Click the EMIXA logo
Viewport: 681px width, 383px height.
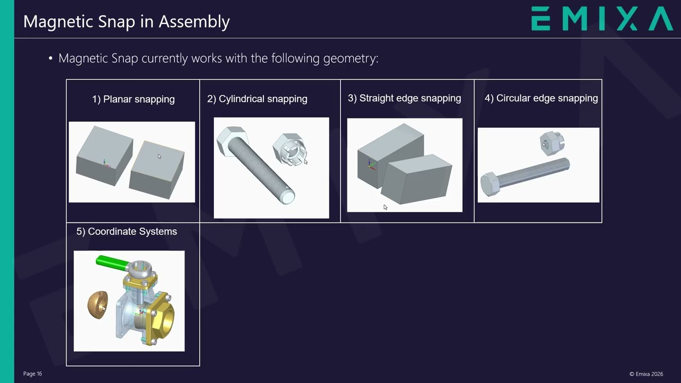(x=602, y=19)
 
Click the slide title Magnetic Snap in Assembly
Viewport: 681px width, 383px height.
(x=127, y=22)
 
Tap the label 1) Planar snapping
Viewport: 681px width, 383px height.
(x=133, y=99)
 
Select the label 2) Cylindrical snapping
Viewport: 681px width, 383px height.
(x=257, y=99)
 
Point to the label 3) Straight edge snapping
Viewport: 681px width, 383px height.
(x=404, y=98)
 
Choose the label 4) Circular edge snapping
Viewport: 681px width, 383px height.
(x=541, y=98)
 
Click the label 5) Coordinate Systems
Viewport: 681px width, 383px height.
(x=127, y=231)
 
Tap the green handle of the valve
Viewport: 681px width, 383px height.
(x=112, y=263)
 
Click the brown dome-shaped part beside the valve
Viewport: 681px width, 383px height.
(x=97, y=305)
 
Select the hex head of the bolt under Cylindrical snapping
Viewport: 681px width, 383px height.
(x=232, y=141)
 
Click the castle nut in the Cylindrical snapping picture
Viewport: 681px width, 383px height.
(x=290, y=149)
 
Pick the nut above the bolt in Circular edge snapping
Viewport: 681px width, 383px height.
(x=552, y=143)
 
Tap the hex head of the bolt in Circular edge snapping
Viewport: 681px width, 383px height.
(x=490, y=184)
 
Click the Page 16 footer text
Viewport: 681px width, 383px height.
(x=32, y=373)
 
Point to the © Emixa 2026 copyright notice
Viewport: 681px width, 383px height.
(x=646, y=374)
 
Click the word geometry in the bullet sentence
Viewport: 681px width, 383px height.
(x=351, y=59)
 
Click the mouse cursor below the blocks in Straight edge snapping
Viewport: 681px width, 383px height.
(x=386, y=207)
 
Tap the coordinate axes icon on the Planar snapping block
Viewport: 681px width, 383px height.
(x=105, y=163)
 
